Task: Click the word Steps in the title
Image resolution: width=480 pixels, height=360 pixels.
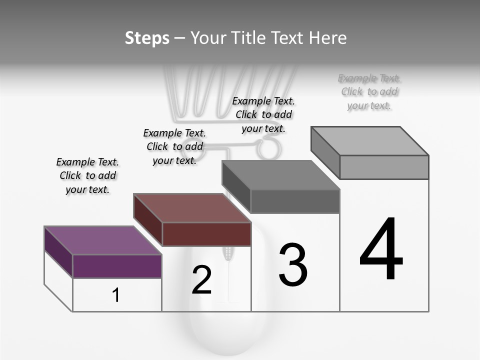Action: coord(147,38)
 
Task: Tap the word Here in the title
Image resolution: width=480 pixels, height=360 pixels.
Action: coord(327,38)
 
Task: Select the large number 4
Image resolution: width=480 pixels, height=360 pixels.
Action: coord(381,249)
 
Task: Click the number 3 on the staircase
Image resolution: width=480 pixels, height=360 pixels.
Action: coord(293,265)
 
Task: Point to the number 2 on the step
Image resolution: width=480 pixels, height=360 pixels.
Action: coord(201,280)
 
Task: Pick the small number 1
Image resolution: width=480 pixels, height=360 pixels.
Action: coord(116,295)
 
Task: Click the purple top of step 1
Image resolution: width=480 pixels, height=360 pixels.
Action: coord(102,240)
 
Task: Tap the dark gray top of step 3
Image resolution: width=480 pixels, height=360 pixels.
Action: coord(280,175)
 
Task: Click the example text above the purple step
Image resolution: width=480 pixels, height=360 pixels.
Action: coord(87,175)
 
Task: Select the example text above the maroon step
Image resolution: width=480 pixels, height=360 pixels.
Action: coord(174,146)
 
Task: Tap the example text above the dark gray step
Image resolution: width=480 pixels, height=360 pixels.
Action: coord(263,114)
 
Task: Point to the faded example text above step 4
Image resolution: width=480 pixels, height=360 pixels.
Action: coord(369,92)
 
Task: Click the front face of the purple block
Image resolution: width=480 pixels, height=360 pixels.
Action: coord(117,266)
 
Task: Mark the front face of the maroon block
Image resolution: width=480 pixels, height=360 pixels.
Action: coord(206,234)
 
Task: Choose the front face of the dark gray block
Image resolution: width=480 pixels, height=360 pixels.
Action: coord(295,201)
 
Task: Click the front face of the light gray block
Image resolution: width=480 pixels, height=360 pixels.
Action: coord(384,167)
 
